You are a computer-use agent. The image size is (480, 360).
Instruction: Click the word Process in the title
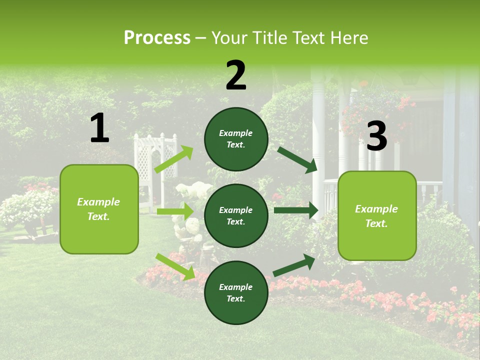tap(157, 38)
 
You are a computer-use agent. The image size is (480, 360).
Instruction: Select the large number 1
tap(99, 128)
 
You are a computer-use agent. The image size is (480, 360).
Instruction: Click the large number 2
tap(236, 75)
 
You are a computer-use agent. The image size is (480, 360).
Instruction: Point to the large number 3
tap(376, 136)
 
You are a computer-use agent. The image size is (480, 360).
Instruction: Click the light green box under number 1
tap(99, 209)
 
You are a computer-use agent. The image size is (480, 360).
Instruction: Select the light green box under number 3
tap(377, 215)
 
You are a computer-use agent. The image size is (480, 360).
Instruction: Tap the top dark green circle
tap(236, 139)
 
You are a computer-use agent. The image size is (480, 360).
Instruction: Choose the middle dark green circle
tap(236, 215)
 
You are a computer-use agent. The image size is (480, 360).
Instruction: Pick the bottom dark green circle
tap(236, 292)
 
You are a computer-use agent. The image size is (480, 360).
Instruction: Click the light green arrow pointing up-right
tap(174, 159)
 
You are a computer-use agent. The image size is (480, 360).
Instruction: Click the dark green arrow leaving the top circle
tap(297, 159)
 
